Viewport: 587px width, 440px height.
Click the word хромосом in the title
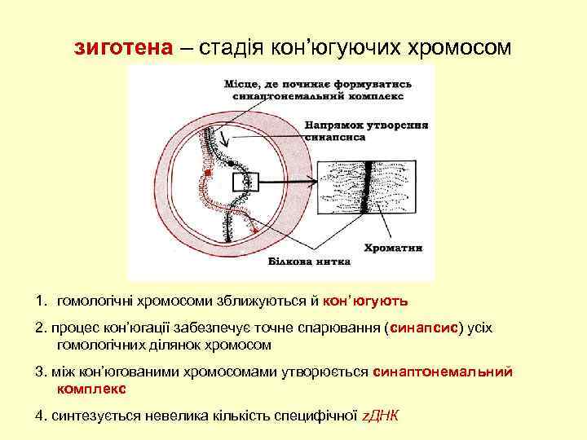[460, 48]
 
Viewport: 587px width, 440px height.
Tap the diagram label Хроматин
[392, 247]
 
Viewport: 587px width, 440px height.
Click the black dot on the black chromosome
[234, 165]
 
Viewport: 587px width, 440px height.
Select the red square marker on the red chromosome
[209, 174]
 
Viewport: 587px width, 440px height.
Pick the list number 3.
[40, 372]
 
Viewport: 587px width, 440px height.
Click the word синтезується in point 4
[89, 416]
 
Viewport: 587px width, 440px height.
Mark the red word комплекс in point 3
[91, 389]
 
